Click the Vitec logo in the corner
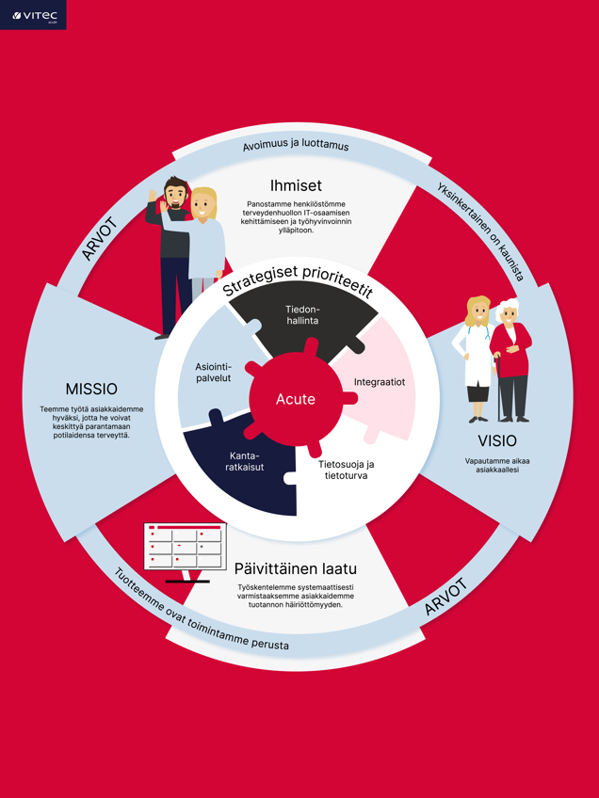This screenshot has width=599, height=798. pyautogui.click(x=32, y=15)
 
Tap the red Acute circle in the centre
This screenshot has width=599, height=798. pyautogui.click(x=295, y=399)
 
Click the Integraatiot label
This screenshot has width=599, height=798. pyautogui.click(x=379, y=382)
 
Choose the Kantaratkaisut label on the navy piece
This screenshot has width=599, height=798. pyautogui.click(x=244, y=461)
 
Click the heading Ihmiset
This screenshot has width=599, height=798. pyautogui.click(x=296, y=185)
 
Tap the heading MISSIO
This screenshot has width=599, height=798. pyautogui.click(x=91, y=389)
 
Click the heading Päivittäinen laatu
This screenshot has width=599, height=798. pyautogui.click(x=295, y=569)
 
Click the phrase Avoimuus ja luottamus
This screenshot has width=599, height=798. pyautogui.click(x=295, y=147)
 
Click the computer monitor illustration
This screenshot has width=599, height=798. pyautogui.click(x=185, y=549)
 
